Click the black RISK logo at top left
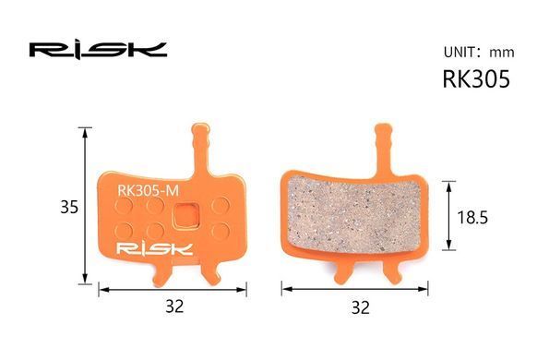(98, 50)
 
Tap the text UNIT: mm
(479, 53)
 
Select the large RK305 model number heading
(476, 79)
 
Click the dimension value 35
(69, 207)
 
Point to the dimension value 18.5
(472, 218)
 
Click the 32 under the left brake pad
(174, 306)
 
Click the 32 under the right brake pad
(360, 307)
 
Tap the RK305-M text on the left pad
(149, 191)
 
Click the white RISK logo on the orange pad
(154, 249)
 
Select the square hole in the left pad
(185, 216)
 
